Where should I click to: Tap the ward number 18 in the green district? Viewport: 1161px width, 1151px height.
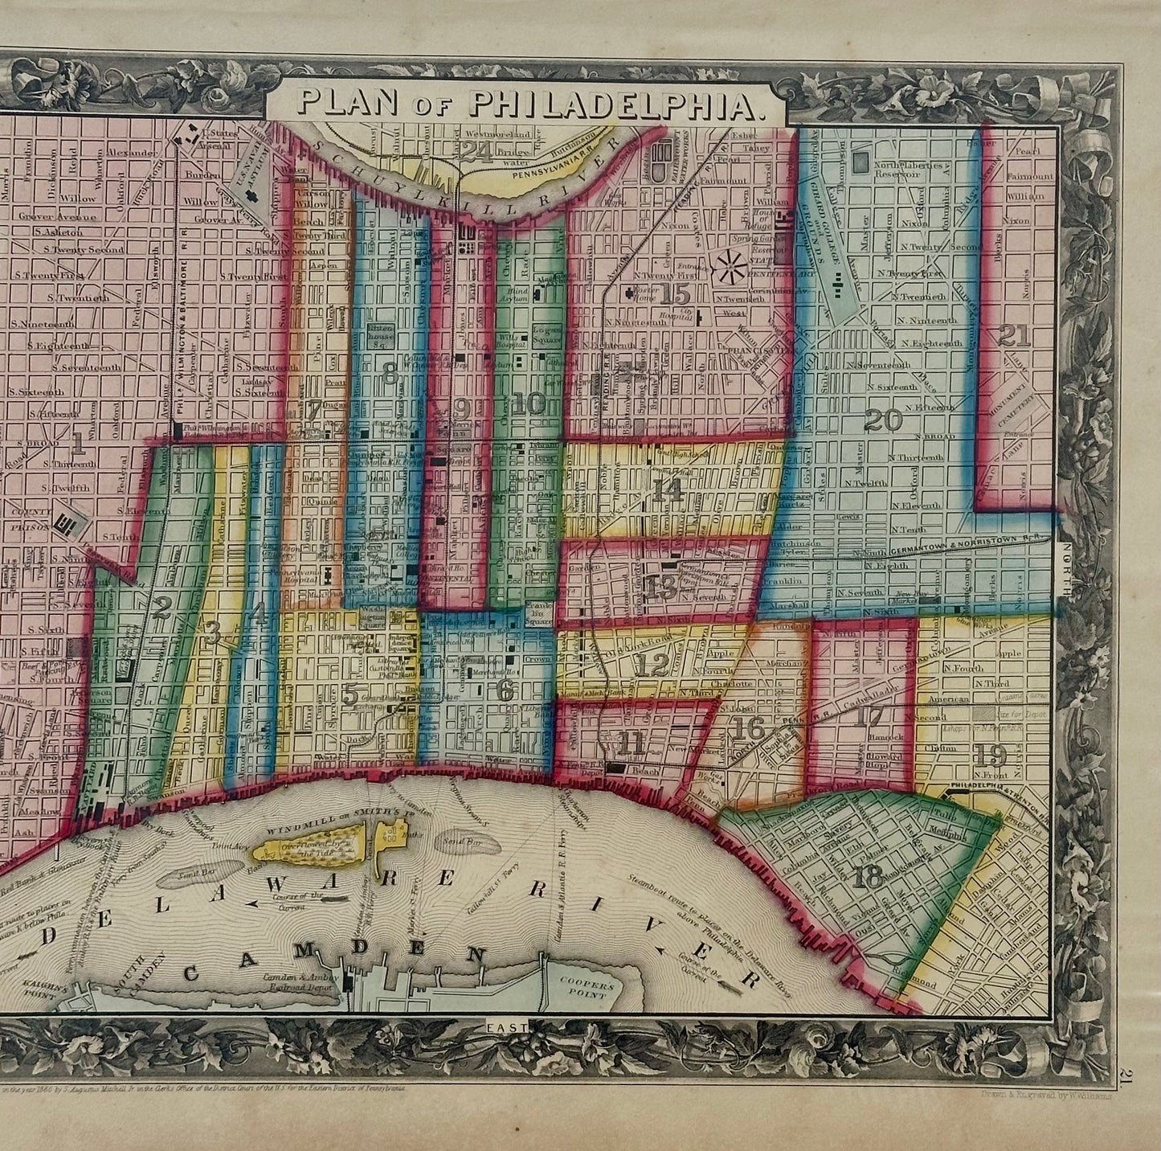(x=868, y=878)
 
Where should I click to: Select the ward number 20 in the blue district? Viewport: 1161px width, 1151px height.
(x=883, y=420)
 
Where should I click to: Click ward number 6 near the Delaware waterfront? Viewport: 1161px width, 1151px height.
(x=505, y=690)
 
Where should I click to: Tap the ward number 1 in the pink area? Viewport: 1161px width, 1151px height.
(x=78, y=441)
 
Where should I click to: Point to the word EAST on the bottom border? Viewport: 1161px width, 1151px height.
(x=506, y=1026)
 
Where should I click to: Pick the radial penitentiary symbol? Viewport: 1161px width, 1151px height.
(x=734, y=262)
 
